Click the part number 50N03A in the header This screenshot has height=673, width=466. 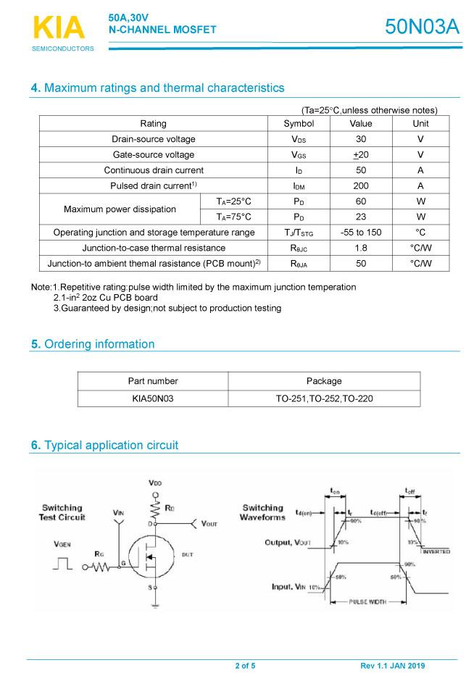(x=422, y=26)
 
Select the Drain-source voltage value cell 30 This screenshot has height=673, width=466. (x=361, y=139)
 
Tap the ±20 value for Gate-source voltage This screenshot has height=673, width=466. (x=361, y=154)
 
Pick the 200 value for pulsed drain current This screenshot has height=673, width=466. (x=361, y=185)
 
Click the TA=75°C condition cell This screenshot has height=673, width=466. (x=233, y=217)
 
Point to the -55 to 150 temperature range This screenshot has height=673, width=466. (x=361, y=233)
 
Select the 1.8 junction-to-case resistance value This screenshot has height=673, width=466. (x=361, y=248)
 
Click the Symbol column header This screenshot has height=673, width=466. (x=299, y=123)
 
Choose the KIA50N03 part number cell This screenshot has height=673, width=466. (x=153, y=398)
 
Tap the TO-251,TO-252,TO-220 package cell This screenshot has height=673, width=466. (x=324, y=398)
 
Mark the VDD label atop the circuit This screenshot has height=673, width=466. (x=155, y=482)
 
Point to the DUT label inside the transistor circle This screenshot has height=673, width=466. (x=187, y=553)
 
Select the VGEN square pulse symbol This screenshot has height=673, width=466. (x=63, y=563)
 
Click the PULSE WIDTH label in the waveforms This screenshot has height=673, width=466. (x=367, y=601)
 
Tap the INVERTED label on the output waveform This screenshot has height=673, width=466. (x=436, y=551)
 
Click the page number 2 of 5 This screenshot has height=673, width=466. (x=245, y=666)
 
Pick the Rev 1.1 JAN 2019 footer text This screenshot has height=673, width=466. (x=393, y=666)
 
